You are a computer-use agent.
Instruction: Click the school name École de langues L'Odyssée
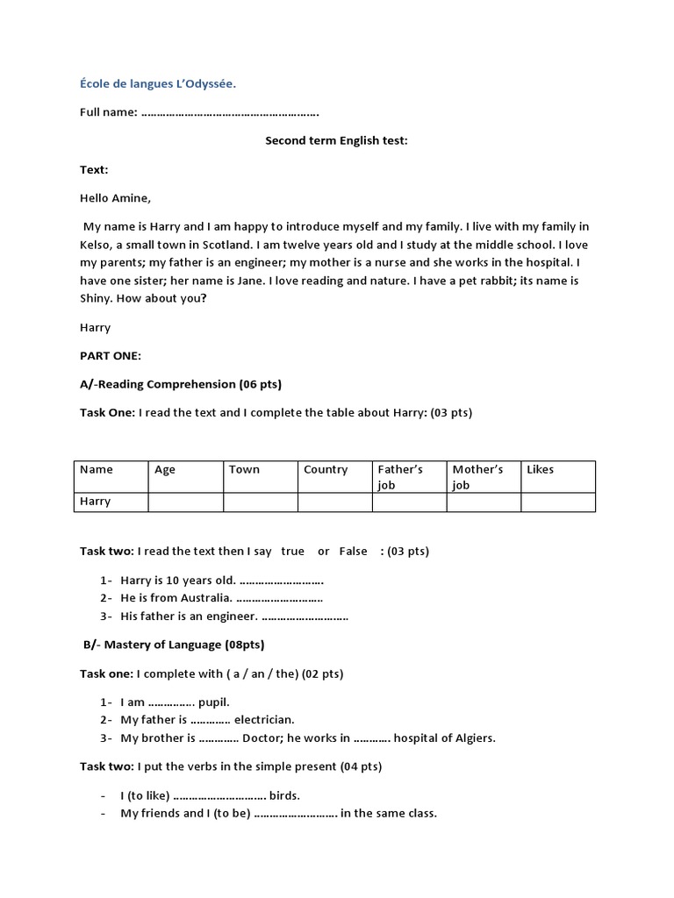158,84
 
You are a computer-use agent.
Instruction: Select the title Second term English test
336,141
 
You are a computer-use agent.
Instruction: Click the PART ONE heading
110,356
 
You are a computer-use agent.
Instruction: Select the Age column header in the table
165,470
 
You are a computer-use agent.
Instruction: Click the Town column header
244,470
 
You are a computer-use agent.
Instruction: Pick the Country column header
326,470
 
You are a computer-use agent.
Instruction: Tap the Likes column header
541,470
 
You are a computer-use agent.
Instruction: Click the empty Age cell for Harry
185,502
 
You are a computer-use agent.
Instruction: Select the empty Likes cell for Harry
557,502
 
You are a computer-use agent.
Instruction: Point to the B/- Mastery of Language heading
174,645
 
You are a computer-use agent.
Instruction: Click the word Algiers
473,738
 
